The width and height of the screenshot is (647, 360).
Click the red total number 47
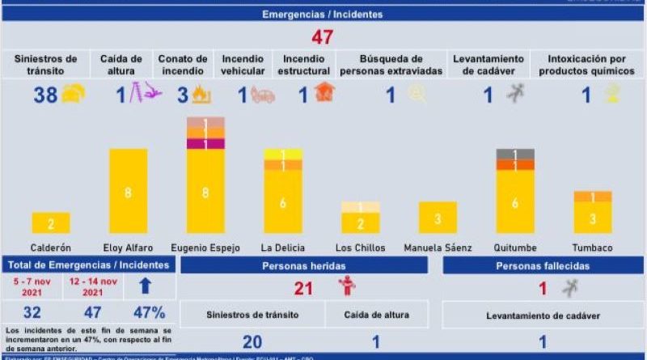(x=323, y=37)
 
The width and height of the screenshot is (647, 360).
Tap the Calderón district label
(x=50, y=248)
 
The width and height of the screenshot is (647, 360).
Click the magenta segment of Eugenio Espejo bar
(x=205, y=144)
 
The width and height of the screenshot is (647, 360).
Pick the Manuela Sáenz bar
(x=438, y=218)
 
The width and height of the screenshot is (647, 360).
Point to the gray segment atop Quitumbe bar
(x=515, y=154)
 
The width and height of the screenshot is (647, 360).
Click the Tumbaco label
(x=593, y=248)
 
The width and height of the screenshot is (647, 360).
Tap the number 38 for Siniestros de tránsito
(x=44, y=95)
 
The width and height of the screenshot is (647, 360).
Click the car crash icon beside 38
(x=73, y=94)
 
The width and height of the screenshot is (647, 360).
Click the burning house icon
(x=324, y=93)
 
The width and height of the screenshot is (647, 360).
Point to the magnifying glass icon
(x=417, y=94)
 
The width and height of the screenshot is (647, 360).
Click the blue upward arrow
(x=146, y=286)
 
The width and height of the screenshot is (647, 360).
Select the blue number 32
(x=33, y=313)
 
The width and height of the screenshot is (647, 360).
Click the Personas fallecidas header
(x=543, y=265)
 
